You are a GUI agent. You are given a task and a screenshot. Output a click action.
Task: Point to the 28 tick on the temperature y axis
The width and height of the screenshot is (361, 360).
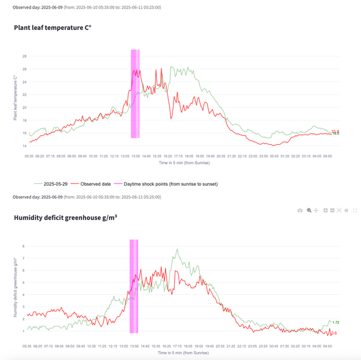coord(25,57)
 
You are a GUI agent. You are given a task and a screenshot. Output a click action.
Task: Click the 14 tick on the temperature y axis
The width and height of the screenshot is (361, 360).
coord(25,146)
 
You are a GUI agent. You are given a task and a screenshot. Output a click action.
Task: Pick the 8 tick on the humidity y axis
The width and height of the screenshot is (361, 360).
coord(24,246)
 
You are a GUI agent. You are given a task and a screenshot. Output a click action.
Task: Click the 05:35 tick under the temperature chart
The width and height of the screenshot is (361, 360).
coord(29,156)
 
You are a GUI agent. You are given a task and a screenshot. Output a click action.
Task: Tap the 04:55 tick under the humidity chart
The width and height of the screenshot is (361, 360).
coord(327,346)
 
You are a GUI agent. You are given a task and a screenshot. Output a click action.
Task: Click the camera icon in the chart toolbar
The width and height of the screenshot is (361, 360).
coord(300,211)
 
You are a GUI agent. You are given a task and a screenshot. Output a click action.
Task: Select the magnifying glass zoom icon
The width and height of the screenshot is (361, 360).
coord(309,211)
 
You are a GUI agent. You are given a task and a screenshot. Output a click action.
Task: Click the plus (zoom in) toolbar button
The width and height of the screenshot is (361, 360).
coord(325,211)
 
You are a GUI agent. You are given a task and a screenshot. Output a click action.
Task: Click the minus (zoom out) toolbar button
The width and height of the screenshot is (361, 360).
coord(332,211)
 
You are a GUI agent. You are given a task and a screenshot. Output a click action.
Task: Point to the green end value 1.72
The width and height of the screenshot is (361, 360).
coord(336,322)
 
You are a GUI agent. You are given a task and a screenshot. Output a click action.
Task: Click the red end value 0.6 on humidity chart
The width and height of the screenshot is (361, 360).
coord(334,333)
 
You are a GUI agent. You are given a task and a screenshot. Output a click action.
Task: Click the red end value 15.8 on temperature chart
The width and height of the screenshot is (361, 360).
coord(335,131)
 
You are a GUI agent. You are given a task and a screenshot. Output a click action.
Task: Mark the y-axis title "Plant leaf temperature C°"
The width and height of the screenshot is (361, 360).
coord(16,97)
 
